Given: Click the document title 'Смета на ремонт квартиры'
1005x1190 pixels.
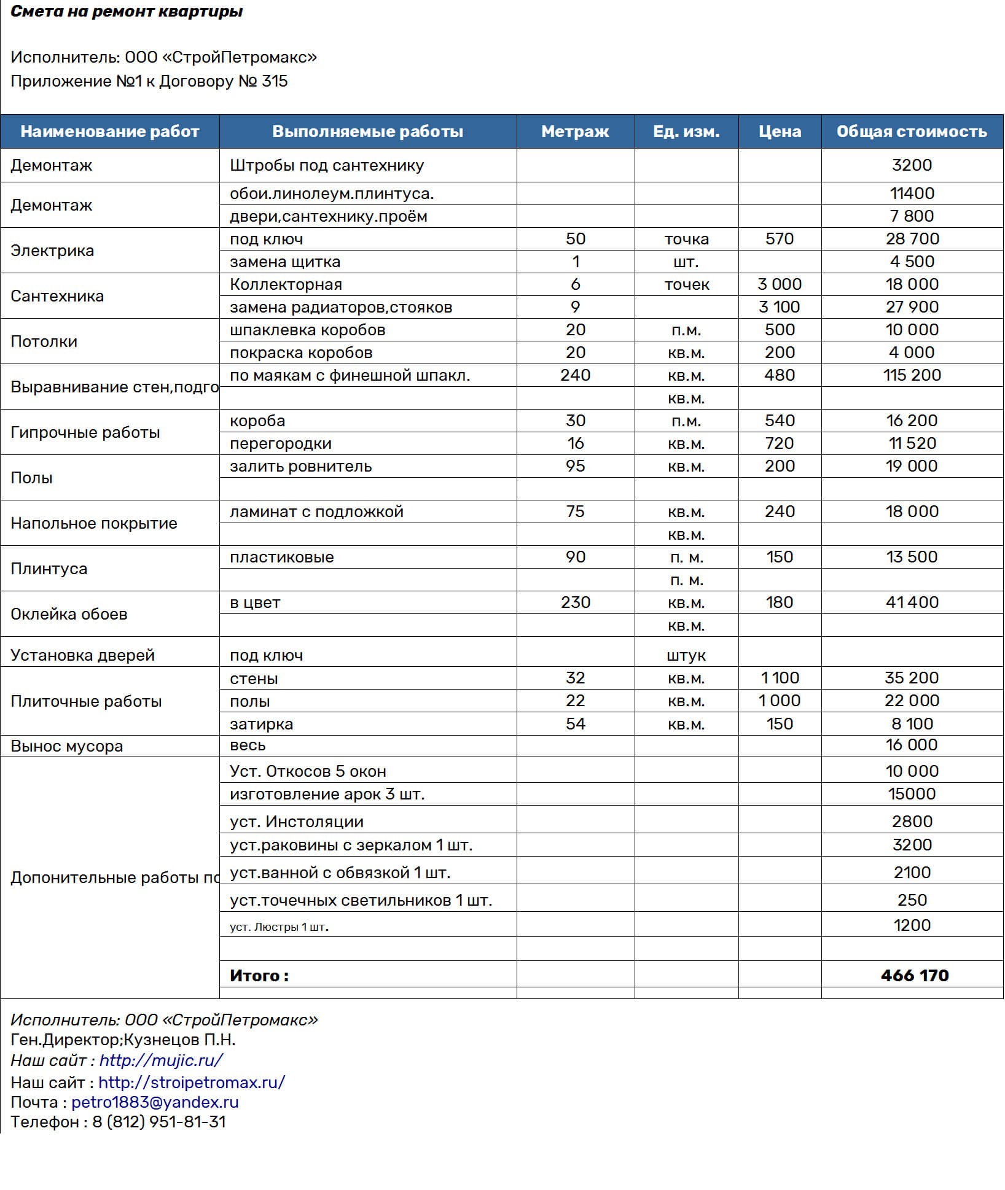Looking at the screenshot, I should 127,12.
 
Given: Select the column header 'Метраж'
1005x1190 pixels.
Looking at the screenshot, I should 575,131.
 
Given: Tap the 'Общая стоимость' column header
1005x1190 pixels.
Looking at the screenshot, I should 912,131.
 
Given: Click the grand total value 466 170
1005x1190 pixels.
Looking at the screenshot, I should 914,975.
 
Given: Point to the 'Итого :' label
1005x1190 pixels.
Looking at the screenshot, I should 259,976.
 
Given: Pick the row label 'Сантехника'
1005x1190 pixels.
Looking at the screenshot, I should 57,296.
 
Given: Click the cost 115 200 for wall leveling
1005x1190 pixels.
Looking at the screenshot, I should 912,375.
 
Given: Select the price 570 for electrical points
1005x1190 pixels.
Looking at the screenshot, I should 779,239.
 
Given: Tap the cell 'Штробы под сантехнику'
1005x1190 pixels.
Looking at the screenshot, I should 327,165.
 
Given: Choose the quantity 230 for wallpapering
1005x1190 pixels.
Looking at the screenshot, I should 575,602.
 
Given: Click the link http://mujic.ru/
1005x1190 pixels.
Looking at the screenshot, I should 161,1060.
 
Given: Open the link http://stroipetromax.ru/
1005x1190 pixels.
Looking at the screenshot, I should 192,1082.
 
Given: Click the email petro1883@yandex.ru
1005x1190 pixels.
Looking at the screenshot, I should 155,1102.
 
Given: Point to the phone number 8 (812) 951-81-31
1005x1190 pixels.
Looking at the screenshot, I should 159,1122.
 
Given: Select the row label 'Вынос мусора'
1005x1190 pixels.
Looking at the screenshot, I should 67,746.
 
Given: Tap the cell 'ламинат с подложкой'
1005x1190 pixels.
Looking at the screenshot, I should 316,511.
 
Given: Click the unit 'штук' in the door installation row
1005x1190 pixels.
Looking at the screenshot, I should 686,655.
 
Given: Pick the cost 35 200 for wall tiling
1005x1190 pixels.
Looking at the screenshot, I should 912,678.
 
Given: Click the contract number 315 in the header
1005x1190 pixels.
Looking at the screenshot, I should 275,81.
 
